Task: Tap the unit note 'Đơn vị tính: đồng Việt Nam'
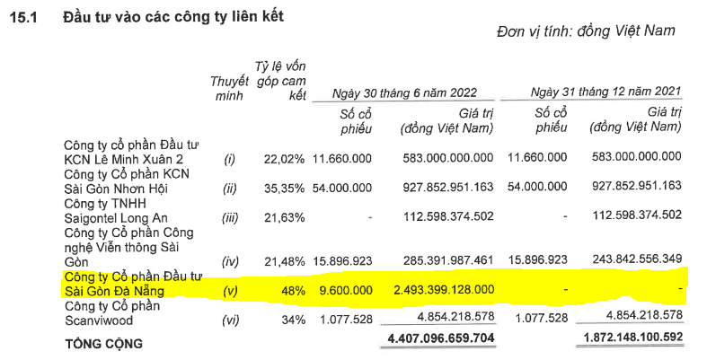coord(585,31)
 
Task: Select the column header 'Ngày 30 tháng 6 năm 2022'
coord(404,92)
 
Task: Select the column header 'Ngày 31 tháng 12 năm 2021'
coord(606,92)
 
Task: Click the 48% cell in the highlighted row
coord(294,290)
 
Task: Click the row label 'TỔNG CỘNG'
coord(103,342)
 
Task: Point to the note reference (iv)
coord(229,259)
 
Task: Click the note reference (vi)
coord(229,320)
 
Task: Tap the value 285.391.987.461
coord(444,259)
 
